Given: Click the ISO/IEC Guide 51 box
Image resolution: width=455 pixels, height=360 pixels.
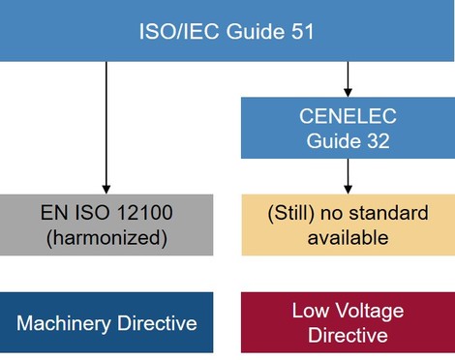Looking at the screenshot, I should [227, 31].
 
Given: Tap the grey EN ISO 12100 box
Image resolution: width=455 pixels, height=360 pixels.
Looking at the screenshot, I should [106, 225].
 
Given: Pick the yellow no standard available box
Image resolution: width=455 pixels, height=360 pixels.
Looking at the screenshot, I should [348, 225].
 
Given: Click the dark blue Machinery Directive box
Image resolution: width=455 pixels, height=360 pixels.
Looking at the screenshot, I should [106, 322].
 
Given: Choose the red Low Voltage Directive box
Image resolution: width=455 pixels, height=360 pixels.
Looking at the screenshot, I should [348, 322].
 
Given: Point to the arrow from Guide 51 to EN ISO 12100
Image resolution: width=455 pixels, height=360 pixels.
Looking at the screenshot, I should [106, 126].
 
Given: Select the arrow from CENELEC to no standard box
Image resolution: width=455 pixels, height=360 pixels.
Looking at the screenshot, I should [348, 175].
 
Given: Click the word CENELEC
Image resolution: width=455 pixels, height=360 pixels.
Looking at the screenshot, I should [348, 116].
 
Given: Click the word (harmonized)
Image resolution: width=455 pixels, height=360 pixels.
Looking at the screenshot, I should [106, 237].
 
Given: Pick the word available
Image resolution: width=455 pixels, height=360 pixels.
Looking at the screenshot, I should [348, 237].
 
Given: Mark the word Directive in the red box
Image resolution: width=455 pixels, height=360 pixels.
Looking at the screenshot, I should [348, 335].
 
